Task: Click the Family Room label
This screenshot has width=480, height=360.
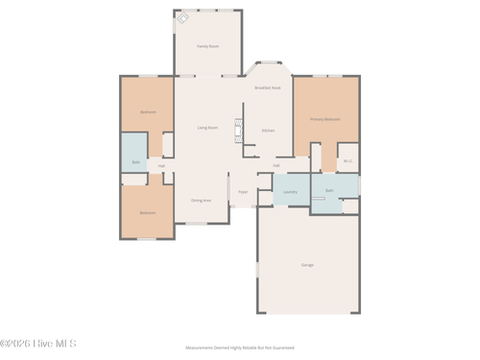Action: pyautogui.click(x=207, y=45)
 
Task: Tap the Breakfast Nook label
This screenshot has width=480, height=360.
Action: pyautogui.click(x=268, y=87)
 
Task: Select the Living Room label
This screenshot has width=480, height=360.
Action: pyautogui.click(x=207, y=128)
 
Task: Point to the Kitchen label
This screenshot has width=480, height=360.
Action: pyautogui.click(x=269, y=130)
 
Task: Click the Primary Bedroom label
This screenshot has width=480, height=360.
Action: pyautogui.click(x=324, y=119)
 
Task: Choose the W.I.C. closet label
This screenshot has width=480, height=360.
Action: pyautogui.click(x=348, y=160)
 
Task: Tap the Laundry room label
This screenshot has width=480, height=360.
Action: pyautogui.click(x=290, y=191)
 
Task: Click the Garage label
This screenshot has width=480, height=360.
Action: pyautogui.click(x=307, y=264)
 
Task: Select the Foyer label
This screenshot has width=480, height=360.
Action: pyautogui.click(x=243, y=191)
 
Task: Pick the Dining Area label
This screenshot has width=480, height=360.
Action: pyautogui.click(x=201, y=200)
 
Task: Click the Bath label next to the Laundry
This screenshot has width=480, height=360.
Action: pyautogui.click(x=329, y=190)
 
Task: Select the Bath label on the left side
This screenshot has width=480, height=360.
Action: pyautogui.click(x=135, y=162)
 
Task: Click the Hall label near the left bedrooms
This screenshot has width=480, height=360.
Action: pyautogui.click(x=161, y=165)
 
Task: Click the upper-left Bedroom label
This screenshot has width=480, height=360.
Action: pyautogui.click(x=147, y=111)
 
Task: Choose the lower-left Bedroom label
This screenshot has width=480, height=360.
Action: pyautogui.click(x=147, y=212)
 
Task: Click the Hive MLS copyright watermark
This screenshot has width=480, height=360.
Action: pyautogui.click(x=38, y=343)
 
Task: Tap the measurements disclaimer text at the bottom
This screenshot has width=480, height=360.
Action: pyautogui.click(x=239, y=348)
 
